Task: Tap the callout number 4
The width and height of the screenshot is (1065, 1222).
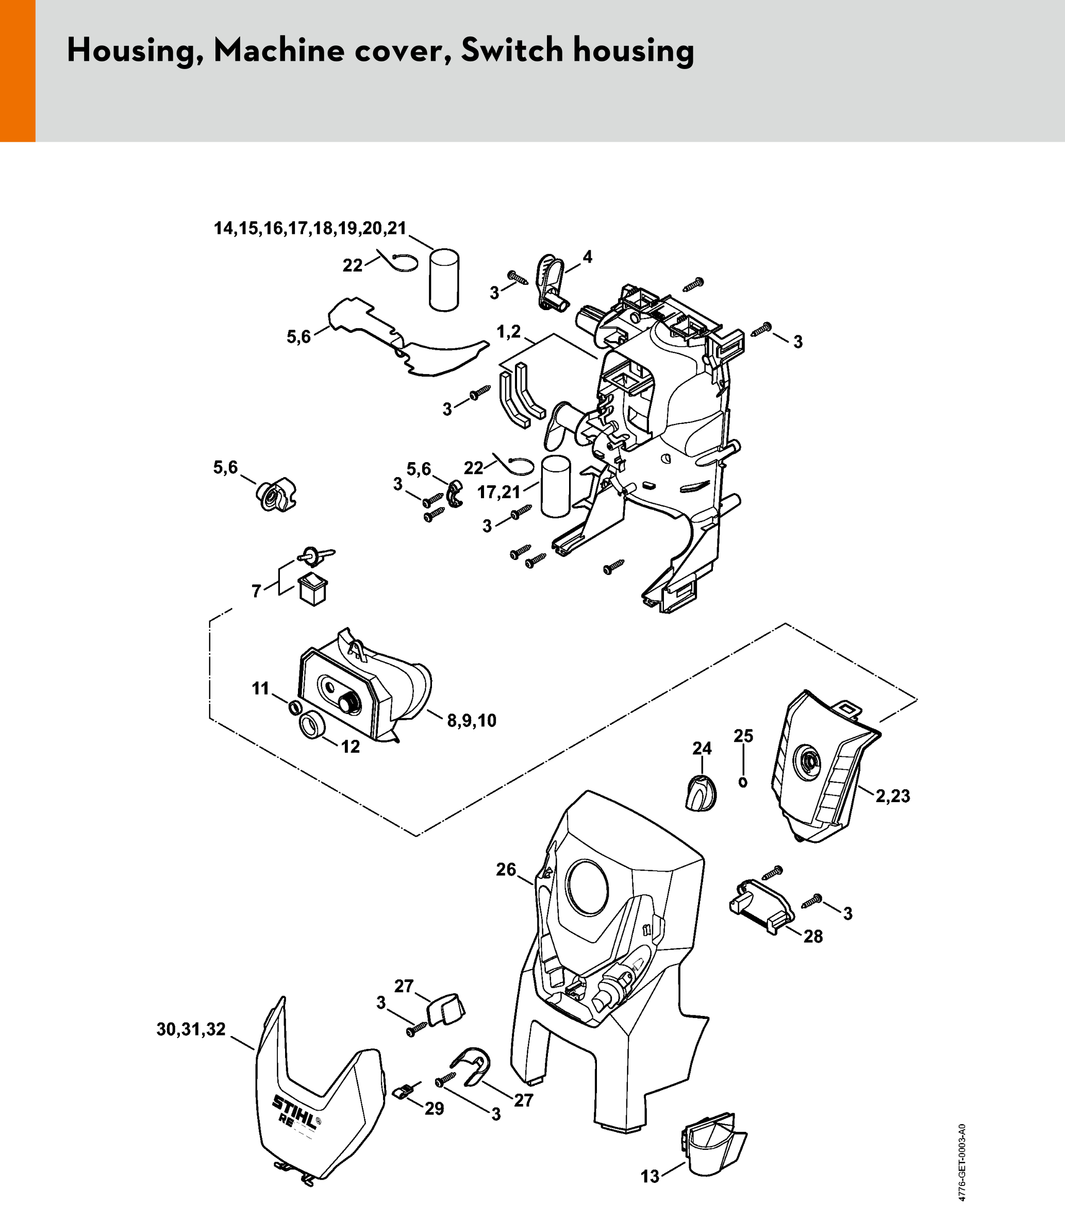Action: coord(587,257)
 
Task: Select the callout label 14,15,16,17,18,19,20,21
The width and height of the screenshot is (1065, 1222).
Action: coord(310,228)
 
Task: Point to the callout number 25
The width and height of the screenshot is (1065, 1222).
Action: coord(743,736)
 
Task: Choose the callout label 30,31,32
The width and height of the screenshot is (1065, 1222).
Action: coord(191,1029)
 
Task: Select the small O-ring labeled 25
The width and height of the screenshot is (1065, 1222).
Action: coord(742,783)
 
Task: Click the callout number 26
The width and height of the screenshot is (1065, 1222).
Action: coord(506,870)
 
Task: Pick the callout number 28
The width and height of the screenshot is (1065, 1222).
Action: coord(813,936)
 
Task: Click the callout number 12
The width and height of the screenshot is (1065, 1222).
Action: coord(351,746)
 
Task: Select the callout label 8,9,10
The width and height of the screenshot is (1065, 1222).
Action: coord(472,721)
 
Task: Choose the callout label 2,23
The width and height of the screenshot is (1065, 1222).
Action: coord(893,795)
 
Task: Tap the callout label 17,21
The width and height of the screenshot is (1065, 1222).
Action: coord(499,492)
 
